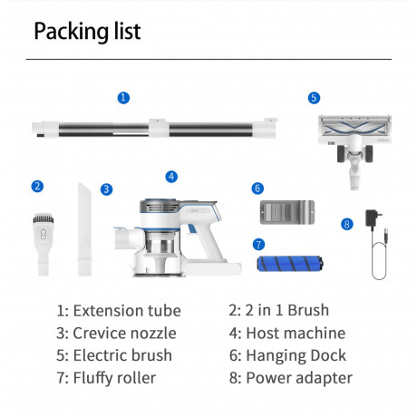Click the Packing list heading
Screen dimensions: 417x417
pyautogui.click(x=87, y=31)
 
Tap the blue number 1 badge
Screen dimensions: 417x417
pyautogui.click(x=123, y=98)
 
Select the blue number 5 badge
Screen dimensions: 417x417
pyautogui.click(x=314, y=98)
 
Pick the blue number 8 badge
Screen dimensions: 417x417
pyautogui.click(x=347, y=224)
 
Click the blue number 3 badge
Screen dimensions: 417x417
pyautogui.click(x=106, y=189)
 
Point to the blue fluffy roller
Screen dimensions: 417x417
pyautogui.click(x=290, y=264)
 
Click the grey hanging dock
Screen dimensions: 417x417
pyautogui.click(x=287, y=212)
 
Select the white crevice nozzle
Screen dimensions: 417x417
pyautogui.click(x=84, y=229)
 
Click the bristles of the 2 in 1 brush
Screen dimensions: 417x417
pyautogui.click(x=44, y=218)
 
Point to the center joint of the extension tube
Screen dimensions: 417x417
pyautogui.click(x=159, y=129)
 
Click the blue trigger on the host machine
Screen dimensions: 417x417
pyautogui.click(x=191, y=228)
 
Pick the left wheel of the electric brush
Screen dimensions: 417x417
pyautogui.click(x=341, y=153)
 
